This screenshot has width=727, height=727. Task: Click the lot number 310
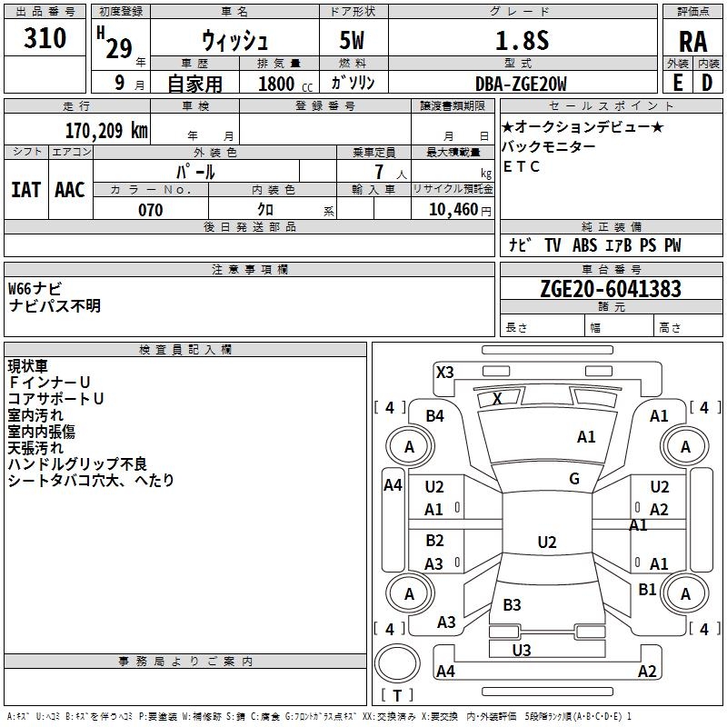click(45, 37)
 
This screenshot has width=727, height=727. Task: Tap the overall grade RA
click(693, 42)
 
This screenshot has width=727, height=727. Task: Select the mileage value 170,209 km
click(106, 131)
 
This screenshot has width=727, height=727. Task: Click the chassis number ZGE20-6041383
click(611, 289)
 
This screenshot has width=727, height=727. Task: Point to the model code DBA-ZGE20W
click(521, 84)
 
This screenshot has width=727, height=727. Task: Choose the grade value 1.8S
click(522, 41)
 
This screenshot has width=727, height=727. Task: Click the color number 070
click(151, 210)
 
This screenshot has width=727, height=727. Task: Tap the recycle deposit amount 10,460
click(453, 210)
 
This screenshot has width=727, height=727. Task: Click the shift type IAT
click(25, 190)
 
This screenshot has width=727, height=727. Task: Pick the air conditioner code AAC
click(70, 190)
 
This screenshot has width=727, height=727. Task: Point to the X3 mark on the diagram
click(445, 373)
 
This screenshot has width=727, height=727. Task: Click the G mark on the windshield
click(574, 479)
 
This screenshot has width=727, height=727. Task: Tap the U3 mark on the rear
click(522, 650)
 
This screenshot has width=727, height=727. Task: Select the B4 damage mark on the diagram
click(435, 416)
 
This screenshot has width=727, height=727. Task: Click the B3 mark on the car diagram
click(513, 604)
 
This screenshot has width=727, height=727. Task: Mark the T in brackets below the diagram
click(397, 695)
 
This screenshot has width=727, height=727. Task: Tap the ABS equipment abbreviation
click(584, 245)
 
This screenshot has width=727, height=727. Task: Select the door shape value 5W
click(352, 40)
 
